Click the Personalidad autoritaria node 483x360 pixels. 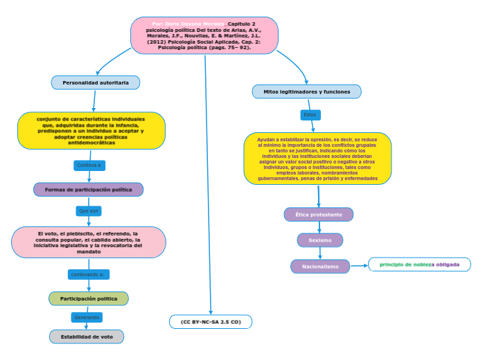tap(96, 82)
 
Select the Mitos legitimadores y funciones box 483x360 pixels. tap(306, 91)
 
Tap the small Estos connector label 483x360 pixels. tap(310, 114)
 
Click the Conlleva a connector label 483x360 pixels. tap(89, 165)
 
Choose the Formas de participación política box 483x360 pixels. tap(89, 190)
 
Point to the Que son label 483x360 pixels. tap(89, 210)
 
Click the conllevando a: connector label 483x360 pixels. tap(87, 274)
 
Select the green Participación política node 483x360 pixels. tap(89, 298)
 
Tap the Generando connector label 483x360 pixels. tap(87, 317)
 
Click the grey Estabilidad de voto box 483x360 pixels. tap(87, 336)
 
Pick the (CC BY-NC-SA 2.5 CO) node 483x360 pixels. tap(211, 322)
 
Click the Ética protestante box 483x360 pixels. tap(319, 215)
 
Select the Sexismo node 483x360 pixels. tap(319, 240)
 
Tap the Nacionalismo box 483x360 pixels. tap(320, 267)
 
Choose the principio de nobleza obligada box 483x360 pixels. tap(419, 264)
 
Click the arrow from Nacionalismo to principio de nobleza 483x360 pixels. tap(359, 266)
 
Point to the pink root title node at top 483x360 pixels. tap(204, 35)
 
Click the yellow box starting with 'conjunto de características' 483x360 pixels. tap(91, 131)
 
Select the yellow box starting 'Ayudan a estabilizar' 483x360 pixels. tap(317, 159)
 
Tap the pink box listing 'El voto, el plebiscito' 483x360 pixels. tap(89, 242)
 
